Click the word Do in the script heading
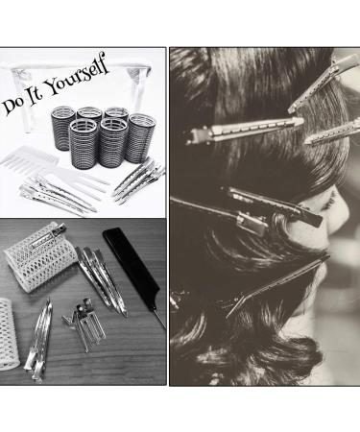(17, 103)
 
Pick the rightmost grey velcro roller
(141, 136)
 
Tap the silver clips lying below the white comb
(58, 197)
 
